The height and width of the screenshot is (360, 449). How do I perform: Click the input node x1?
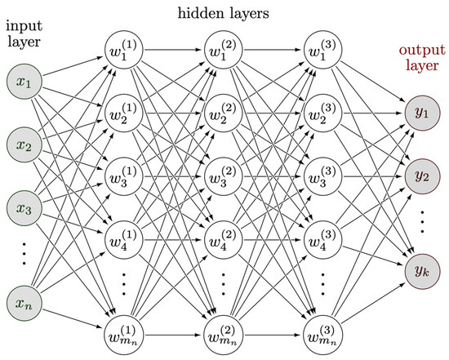[24, 84]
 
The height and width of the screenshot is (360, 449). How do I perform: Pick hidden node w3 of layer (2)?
[222, 178]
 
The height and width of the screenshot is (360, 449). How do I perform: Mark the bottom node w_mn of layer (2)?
[222, 334]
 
